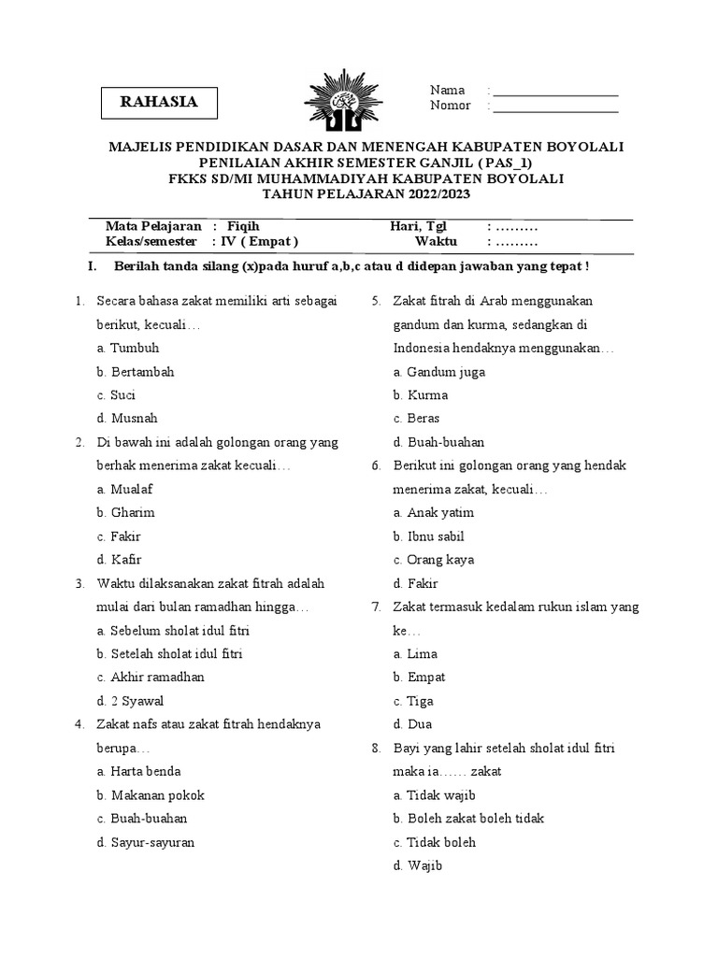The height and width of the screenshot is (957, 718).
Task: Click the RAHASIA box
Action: pyautogui.click(x=159, y=103)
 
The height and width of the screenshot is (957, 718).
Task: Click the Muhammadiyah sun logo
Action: pyautogui.click(x=343, y=109)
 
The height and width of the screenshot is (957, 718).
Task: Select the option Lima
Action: pyautogui.click(x=422, y=653)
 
